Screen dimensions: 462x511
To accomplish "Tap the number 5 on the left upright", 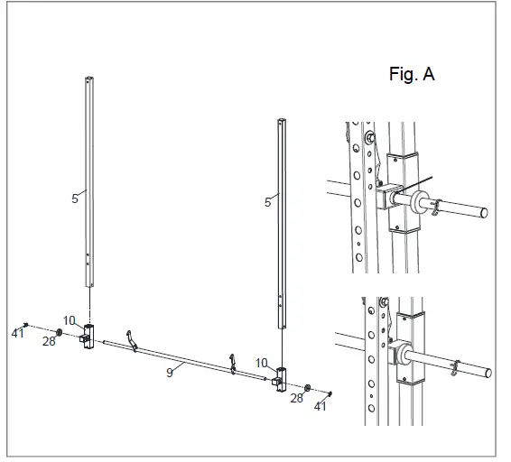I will click(x=75, y=199).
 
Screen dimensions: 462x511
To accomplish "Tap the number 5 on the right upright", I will click(x=267, y=203).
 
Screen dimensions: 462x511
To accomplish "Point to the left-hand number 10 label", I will click(x=69, y=320).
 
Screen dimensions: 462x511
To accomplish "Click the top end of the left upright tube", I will click(x=89, y=78).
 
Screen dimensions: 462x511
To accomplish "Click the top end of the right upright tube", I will click(x=283, y=120).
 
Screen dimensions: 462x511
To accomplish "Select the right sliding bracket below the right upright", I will click(x=281, y=378).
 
